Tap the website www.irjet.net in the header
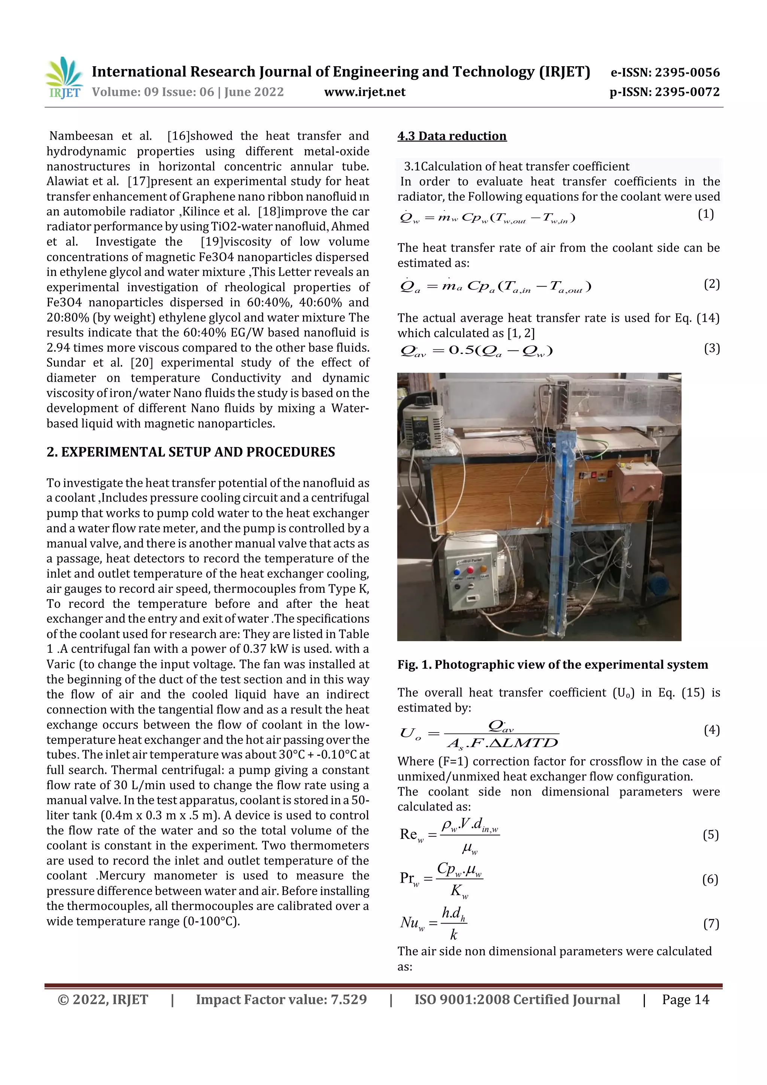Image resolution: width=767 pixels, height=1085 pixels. tap(364, 92)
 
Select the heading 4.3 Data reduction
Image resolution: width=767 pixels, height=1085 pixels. tap(451, 136)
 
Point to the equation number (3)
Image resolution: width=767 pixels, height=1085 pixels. tap(711, 348)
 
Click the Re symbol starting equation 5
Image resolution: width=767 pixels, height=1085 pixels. tap(408, 834)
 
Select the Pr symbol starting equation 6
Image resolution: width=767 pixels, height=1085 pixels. tap(407, 878)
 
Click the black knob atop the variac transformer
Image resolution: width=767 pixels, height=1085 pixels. tap(422, 401)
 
